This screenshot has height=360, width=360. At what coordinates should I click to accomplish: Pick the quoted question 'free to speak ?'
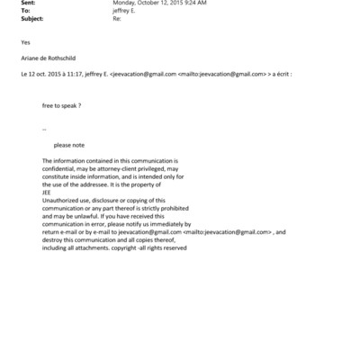[x=60, y=105]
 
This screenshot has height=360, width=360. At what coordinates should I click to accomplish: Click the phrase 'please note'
[x=69, y=144]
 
